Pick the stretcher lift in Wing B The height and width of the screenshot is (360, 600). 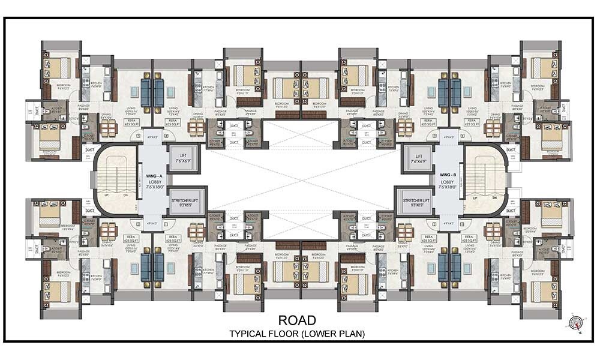pos(413,202)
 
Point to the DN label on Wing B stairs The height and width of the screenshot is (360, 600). pos(494,197)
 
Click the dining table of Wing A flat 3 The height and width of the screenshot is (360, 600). pos(108,128)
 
